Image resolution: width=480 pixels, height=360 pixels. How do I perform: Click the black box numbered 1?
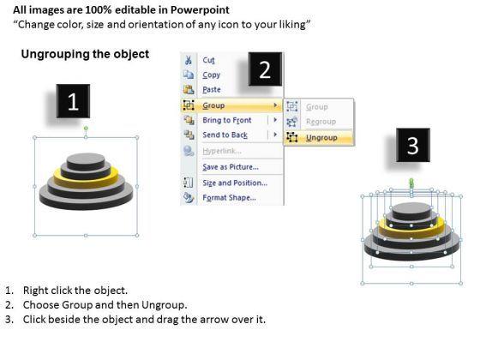pos(73,101)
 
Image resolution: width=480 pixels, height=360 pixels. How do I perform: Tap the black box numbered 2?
pos(265,69)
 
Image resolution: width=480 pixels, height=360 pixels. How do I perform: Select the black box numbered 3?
pos(413,145)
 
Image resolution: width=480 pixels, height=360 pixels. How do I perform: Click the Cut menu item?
pos(208,60)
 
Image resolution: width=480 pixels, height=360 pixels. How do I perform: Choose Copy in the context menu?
pos(211,75)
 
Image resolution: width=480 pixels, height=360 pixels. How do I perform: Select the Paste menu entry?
pos(212,90)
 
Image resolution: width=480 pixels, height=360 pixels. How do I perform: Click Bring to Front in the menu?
pos(227,120)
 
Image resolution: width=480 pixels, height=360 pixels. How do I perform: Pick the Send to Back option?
pos(225,135)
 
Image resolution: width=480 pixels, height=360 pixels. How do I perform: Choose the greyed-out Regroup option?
pos(321,122)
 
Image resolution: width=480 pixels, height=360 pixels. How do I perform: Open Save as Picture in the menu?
pos(231,167)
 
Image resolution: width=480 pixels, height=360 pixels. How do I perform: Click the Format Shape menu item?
pos(230,198)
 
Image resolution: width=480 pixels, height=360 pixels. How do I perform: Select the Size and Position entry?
pos(235,183)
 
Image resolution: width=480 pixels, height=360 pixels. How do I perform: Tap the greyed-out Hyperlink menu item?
pos(222,151)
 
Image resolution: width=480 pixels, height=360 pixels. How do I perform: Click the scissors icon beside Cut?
pos(189,60)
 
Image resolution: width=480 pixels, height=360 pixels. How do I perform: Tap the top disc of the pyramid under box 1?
pos(86,161)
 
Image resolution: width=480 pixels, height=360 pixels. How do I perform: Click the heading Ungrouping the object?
pos(85,54)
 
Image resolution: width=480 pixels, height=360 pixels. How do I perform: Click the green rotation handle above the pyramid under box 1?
pos(86,129)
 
